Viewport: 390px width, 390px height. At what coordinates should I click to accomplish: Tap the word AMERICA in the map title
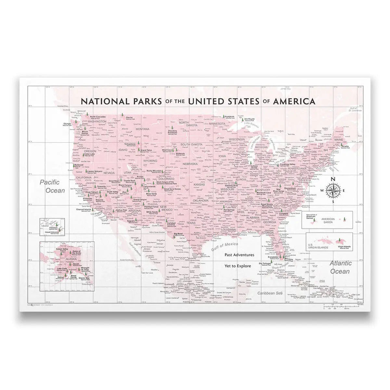click(x=294, y=101)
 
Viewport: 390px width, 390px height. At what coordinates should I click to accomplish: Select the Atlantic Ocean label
click(x=340, y=267)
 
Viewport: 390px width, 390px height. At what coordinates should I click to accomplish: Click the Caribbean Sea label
click(x=269, y=293)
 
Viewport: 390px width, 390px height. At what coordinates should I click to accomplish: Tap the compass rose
click(x=333, y=190)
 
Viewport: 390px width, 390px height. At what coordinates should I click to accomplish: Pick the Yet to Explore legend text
click(x=238, y=266)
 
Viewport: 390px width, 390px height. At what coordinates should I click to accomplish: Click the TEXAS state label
click(x=191, y=223)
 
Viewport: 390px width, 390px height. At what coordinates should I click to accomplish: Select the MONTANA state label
click(x=142, y=129)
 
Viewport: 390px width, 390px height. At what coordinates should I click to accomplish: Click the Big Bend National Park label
click(x=178, y=234)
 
